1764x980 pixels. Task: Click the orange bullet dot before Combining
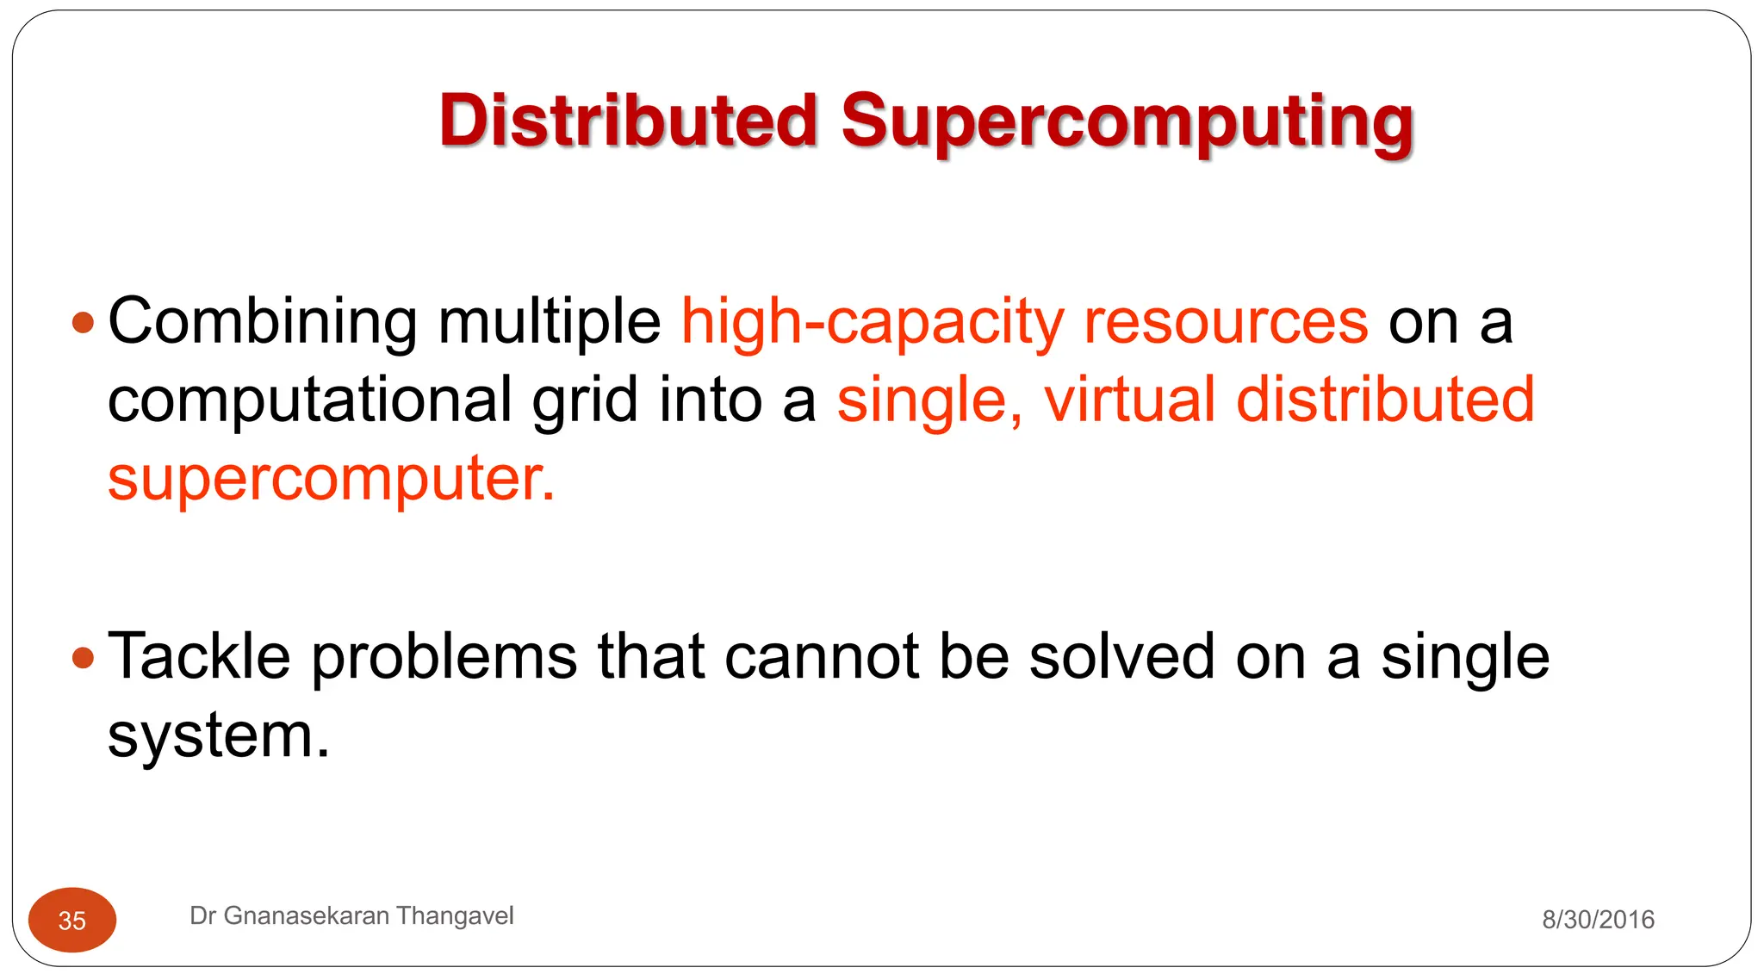click(83, 323)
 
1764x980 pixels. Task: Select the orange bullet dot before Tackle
click(83, 659)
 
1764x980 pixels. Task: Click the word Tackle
click(199, 657)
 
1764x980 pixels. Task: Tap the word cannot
click(822, 657)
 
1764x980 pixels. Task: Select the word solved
click(1122, 657)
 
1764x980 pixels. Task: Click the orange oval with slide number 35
click(72, 920)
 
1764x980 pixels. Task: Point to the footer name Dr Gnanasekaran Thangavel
click(351, 915)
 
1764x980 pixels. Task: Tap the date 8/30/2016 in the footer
click(1598, 920)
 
